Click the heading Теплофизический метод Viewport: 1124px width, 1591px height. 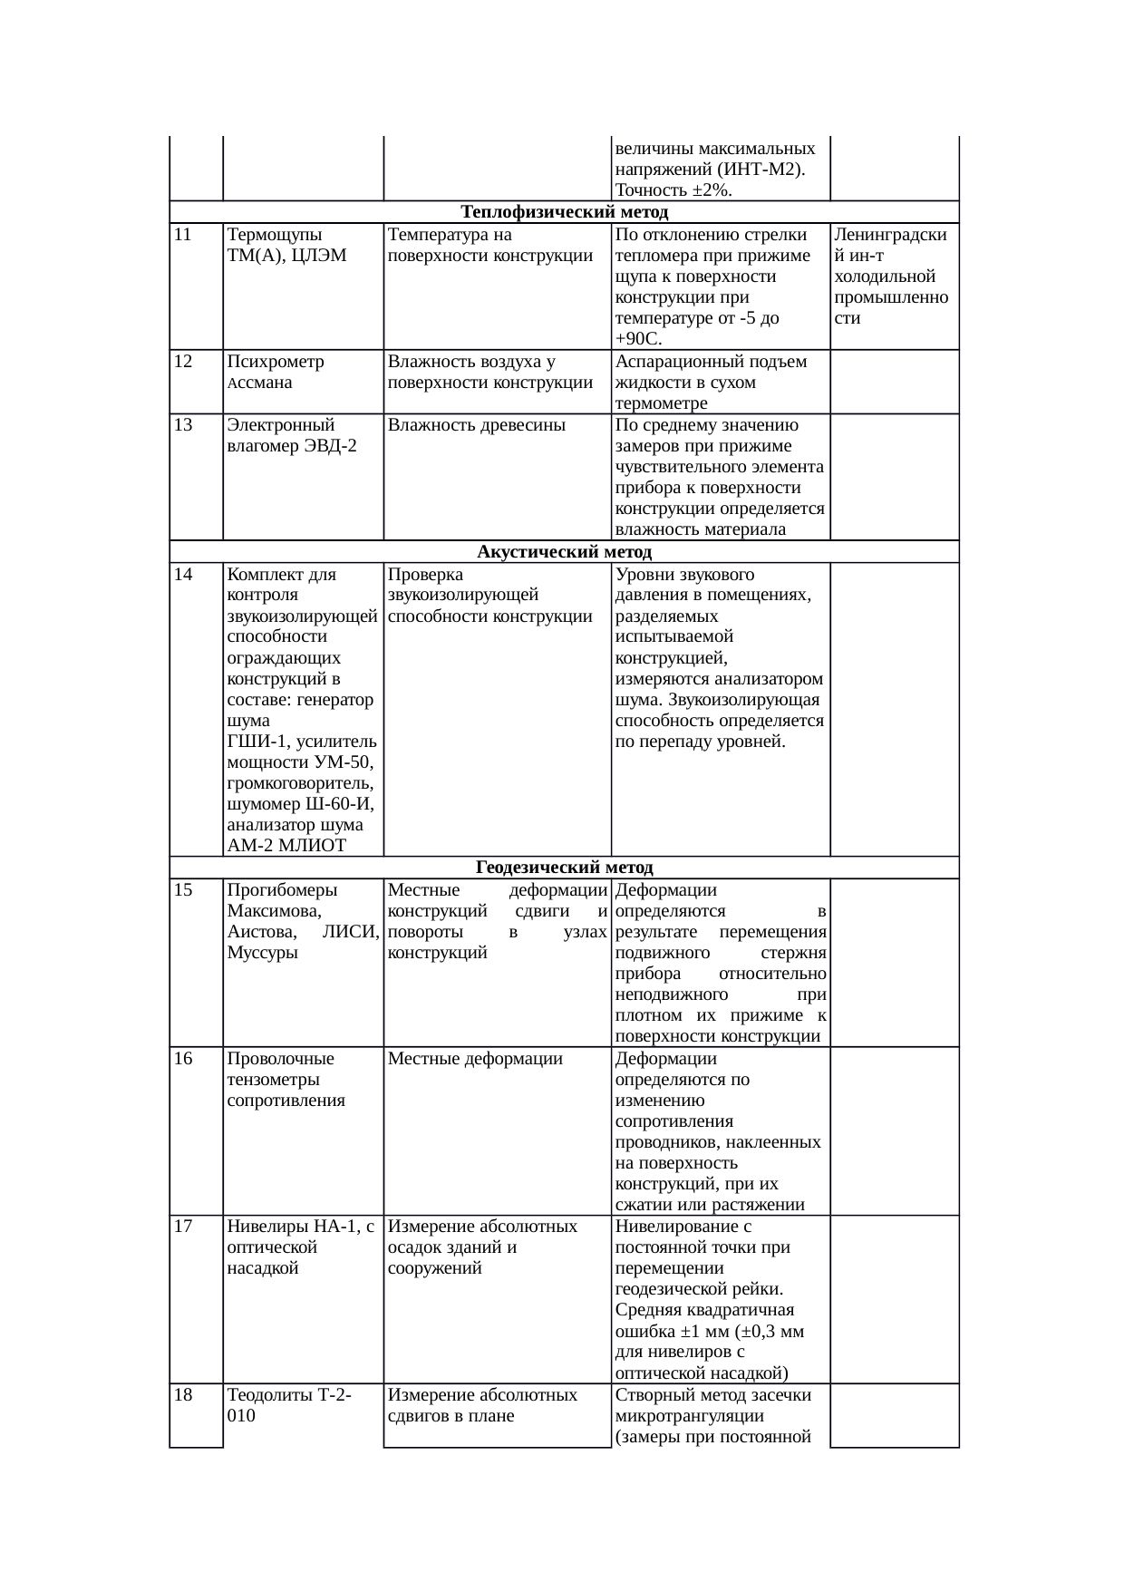point(564,212)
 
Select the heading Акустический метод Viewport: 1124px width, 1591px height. point(564,552)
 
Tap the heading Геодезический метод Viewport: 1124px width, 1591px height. point(564,868)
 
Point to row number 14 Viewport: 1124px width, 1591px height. point(183,575)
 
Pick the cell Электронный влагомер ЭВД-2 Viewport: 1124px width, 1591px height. point(291,435)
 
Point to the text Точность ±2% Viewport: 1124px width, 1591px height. point(673,190)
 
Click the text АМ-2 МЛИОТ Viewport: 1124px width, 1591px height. point(286,846)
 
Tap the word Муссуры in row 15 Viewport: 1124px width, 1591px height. point(262,953)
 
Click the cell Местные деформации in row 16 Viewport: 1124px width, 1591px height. point(475,1059)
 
